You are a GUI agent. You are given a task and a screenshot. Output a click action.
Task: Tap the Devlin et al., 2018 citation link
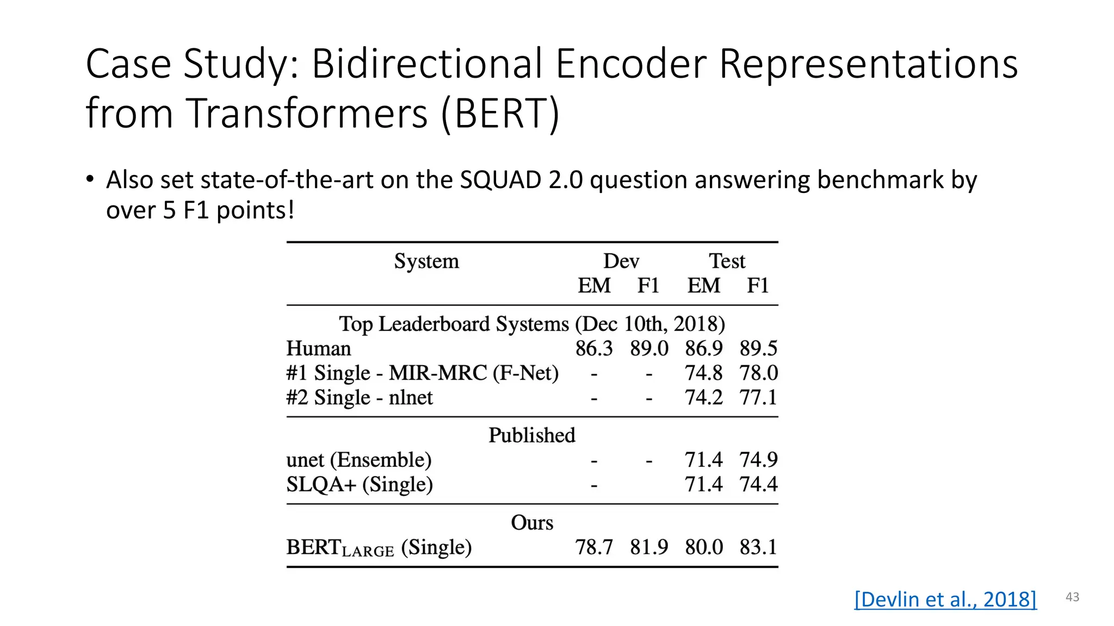[945, 599]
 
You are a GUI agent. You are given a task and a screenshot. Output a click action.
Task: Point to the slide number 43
[1072, 597]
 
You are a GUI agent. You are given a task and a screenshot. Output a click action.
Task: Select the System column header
[426, 261]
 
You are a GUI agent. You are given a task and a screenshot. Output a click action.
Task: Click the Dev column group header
[621, 261]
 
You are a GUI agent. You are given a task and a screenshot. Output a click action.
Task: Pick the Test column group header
[727, 261]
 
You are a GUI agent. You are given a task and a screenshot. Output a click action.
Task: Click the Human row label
[319, 348]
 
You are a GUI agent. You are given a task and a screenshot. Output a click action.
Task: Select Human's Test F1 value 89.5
[758, 348]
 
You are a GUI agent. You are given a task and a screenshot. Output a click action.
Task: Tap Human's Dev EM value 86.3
[594, 348]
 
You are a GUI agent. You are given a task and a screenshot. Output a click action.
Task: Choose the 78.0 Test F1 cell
[758, 373]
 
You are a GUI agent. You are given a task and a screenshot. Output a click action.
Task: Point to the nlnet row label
[360, 398]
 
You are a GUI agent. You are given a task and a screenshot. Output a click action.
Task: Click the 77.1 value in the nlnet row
[758, 398]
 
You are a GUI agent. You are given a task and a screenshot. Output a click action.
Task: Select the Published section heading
[531, 435]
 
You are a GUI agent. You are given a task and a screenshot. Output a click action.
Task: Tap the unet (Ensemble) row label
[359, 460]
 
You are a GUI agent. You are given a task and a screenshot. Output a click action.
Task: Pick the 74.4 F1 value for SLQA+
[758, 484]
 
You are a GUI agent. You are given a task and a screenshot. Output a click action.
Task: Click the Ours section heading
[532, 523]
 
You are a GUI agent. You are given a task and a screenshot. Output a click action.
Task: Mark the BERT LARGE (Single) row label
[379, 547]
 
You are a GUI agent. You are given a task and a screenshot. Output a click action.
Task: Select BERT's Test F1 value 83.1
[758, 547]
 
